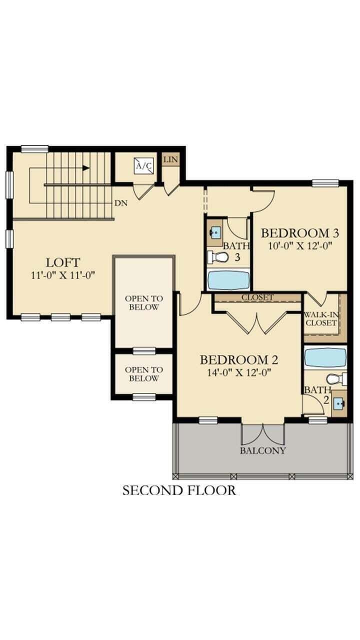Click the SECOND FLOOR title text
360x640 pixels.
pyautogui.click(x=179, y=490)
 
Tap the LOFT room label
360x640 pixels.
pyautogui.click(x=63, y=262)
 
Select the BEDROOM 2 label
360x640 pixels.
pyautogui.click(x=239, y=359)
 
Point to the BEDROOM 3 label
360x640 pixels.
pyautogui.click(x=300, y=233)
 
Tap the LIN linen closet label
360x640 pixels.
pyautogui.click(x=170, y=160)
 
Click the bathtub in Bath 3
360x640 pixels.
pyautogui.click(x=228, y=280)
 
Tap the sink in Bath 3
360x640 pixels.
pyautogui.click(x=215, y=232)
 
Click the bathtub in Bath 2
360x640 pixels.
pyautogui.click(x=325, y=357)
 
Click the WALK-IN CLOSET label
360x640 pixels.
pyautogui.click(x=321, y=318)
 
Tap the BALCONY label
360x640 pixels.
pyautogui.click(x=263, y=450)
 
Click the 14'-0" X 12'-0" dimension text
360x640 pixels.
pyautogui.click(x=239, y=372)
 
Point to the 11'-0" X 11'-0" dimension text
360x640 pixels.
pyautogui.click(x=63, y=274)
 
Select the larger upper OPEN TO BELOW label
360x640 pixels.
pyautogui.click(x=144, y=302)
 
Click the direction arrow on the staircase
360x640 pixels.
pyautogui.click(x=86, y=168)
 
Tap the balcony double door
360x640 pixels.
pyautogui.click(x=263, y=434)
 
